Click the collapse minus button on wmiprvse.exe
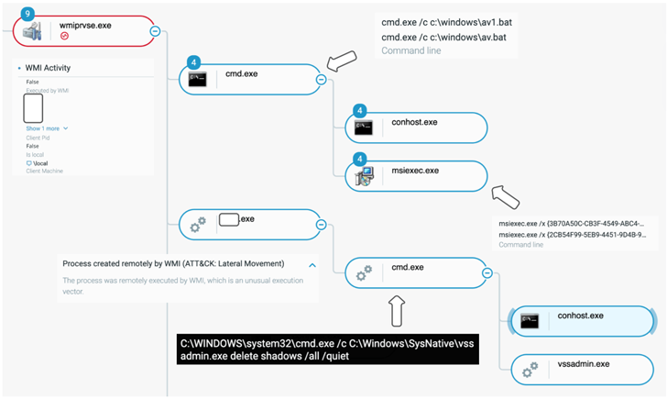tap(154, 30)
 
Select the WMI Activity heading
tap(43, 68)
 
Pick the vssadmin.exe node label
tap(584, 364)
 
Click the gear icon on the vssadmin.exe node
tap(530, 370)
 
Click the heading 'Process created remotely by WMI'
tap(173, 263)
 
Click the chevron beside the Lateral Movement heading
tap(311, 264)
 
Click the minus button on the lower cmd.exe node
tap(486, 272)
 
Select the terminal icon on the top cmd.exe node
tap(197, 80)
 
